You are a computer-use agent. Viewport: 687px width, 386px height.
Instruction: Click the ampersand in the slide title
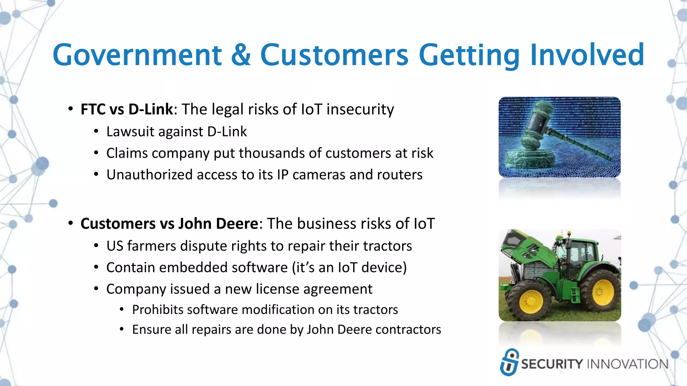[x=241, y=55]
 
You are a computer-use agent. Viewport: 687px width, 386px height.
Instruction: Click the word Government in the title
[x=137, y=55]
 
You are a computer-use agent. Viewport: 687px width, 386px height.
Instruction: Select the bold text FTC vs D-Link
[x=127, y=109]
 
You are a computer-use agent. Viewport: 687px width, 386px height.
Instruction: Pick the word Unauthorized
[x=149, y=175]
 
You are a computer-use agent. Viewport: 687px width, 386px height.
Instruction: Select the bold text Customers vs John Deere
[x=169, y=223]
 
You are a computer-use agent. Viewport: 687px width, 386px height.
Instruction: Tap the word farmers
[x=152, y=246]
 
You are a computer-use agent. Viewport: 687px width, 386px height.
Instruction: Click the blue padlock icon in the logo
[x=509, y=362]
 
